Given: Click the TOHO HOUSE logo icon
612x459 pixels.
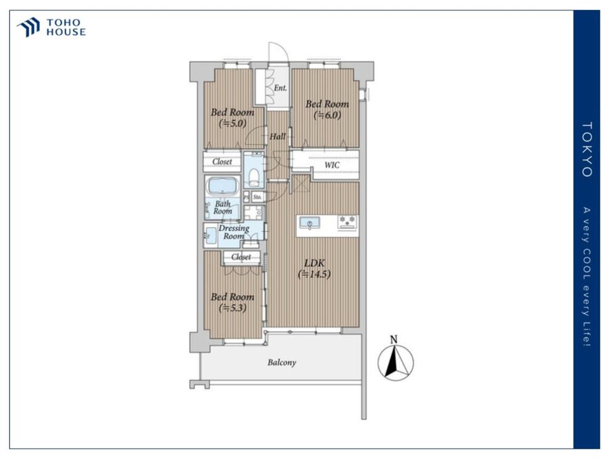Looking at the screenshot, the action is click(x=29, y=27).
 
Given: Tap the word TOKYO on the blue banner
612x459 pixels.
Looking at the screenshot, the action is click(x=587, y=149).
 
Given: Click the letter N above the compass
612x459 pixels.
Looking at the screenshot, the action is click(x=394, y=339).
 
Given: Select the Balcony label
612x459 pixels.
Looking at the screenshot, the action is click(x=282, y=362).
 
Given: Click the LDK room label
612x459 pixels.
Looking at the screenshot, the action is click(x=314, y=263).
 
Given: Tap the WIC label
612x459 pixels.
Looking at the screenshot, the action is click(x=332, y=165).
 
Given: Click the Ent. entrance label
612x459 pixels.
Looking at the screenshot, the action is click(x=280, y=88).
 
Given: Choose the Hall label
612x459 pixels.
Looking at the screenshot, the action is click(x=277, y=136).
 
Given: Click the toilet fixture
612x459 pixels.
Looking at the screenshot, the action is click(x=254, y=177).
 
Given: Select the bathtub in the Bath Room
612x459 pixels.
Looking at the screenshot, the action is click(x=223, y=186).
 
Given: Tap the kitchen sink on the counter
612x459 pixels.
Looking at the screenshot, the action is click(x=310, y=223).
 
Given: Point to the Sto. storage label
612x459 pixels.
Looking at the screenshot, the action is click(x=257, y=197).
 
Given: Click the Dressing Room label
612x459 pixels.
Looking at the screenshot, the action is click(x=234, y=232).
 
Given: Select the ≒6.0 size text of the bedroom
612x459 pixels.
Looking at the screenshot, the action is click(x=327, y=116).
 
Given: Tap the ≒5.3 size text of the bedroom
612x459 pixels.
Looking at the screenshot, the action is click(x=233, y=308).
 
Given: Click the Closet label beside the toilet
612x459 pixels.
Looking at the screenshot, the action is click(x=222, y=162).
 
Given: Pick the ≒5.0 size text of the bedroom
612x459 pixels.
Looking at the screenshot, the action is click(x=233, y=124).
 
